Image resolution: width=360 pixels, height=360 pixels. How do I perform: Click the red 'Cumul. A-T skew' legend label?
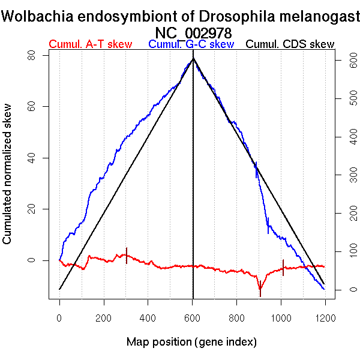point(90,44)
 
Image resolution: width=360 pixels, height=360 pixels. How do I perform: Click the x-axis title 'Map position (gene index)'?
point(191,342)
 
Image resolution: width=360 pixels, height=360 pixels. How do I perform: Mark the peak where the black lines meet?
point(193,58)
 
